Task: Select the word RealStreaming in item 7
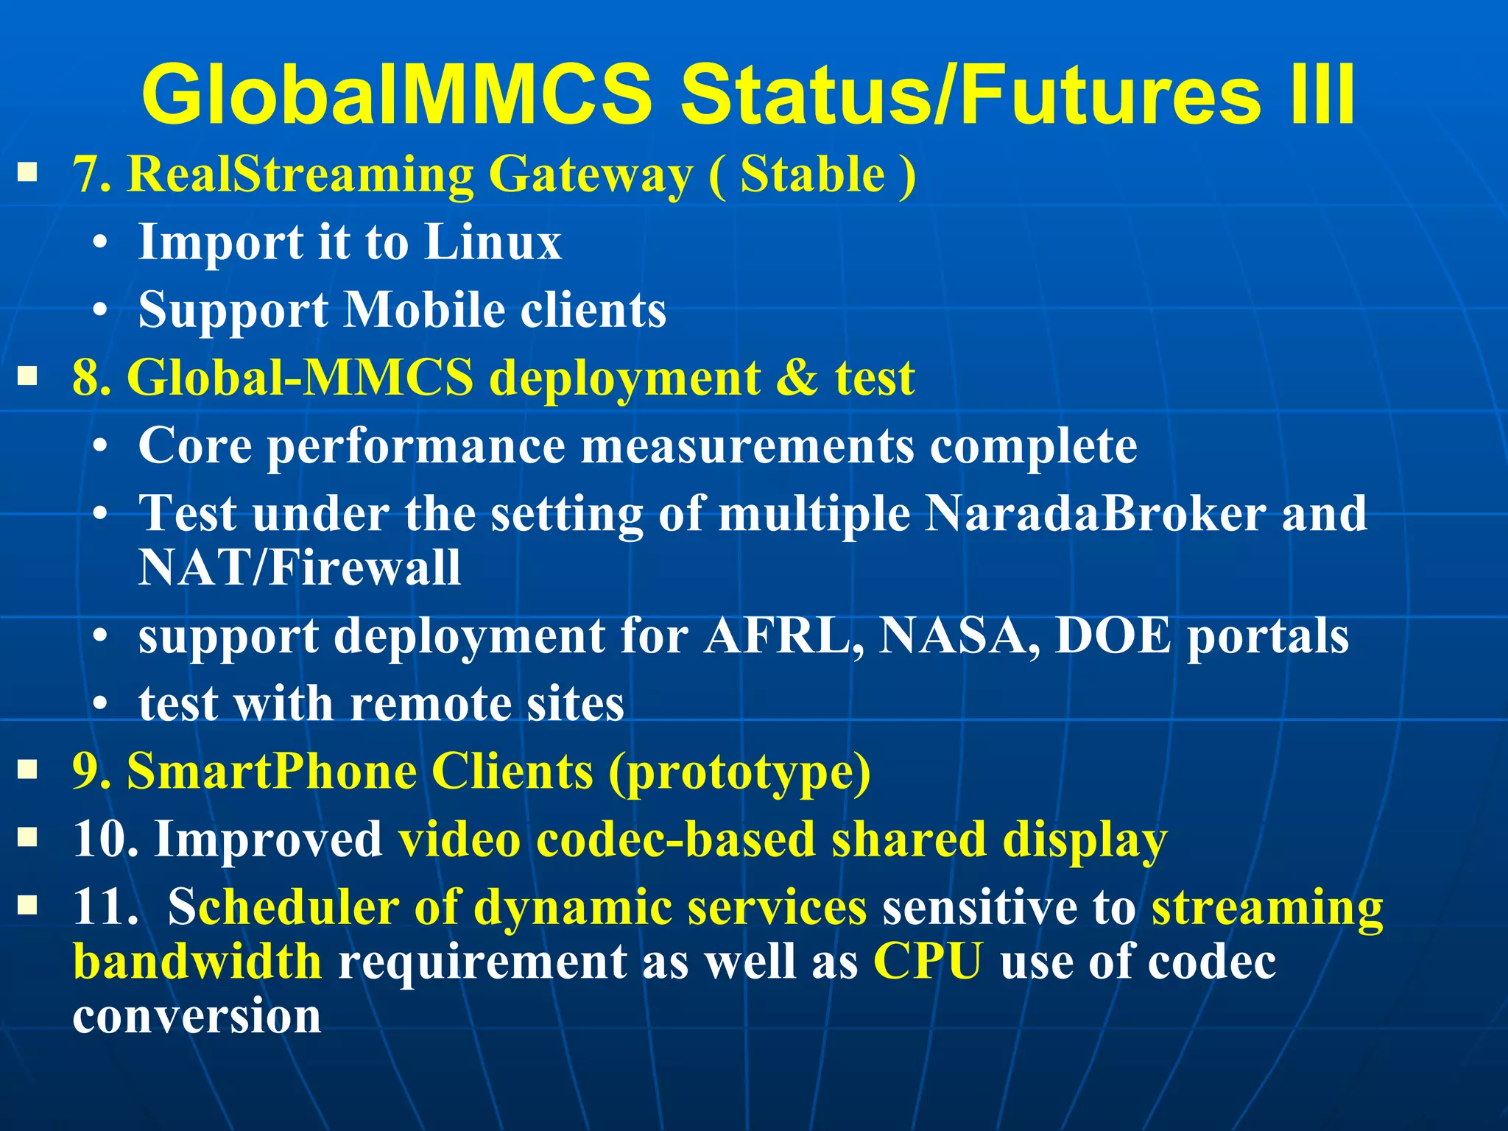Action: coord(300,175)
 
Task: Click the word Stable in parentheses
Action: coord(812,175)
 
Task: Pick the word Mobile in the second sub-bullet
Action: coord(425,309)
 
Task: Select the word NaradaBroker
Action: coord(1096,513)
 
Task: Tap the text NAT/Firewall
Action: coord(300,568)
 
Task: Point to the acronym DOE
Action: coord(1112,635)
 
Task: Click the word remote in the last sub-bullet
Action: coord(429,703)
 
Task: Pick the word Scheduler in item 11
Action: coord(283,907)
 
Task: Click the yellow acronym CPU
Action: coord(928,962)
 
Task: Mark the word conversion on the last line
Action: coord(197,1016)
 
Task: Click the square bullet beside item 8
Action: coord(28,378)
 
